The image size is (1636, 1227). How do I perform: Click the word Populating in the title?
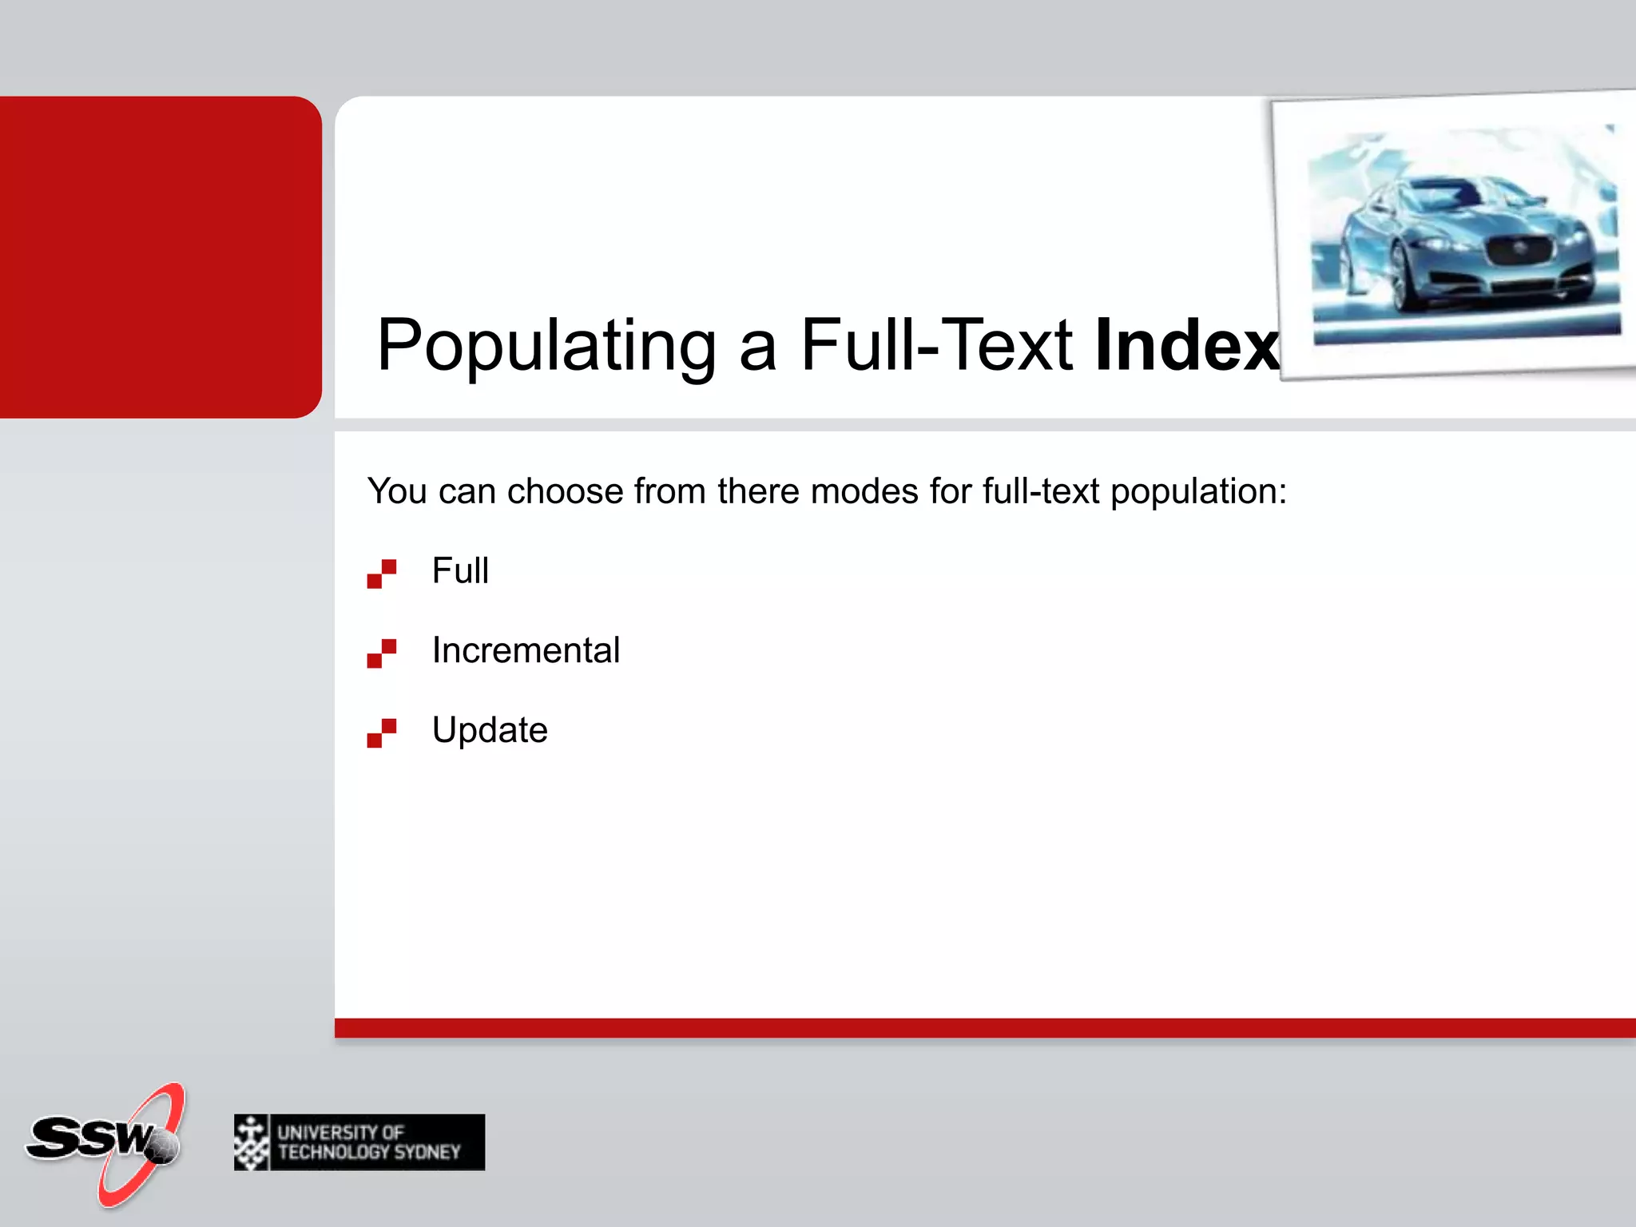pyautogui.click(x=546, y=346)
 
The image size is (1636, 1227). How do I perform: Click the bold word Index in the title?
pyautogui.click(x=1187, y=346)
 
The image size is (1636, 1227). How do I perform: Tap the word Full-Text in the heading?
pyautogui.click(x=936, y=346)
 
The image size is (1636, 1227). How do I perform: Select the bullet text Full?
pyautogui.click(x=460, y=571)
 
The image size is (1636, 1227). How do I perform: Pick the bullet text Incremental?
pyautogui.click(x=526, y=650)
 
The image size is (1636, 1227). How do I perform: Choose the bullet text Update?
pyautogui.click(x=490, y=730)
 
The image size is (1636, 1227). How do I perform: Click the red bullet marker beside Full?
pyautogui.click(x=382, y=574)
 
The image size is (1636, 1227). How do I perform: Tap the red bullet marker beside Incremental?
pyautogui.click(x=382, y=653)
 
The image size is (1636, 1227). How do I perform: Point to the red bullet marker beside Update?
pyautogui.click(x=382, y=733)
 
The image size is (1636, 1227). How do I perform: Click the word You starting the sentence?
pyautogui.click(x=397, y=491)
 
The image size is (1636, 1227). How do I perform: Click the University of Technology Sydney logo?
pyautogui.click(x=359, y=1142)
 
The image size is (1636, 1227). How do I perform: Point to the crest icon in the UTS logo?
pyautogui.click(x=252, y=1142)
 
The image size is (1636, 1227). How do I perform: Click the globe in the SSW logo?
pyautogui.click(x=165, y=1147)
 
